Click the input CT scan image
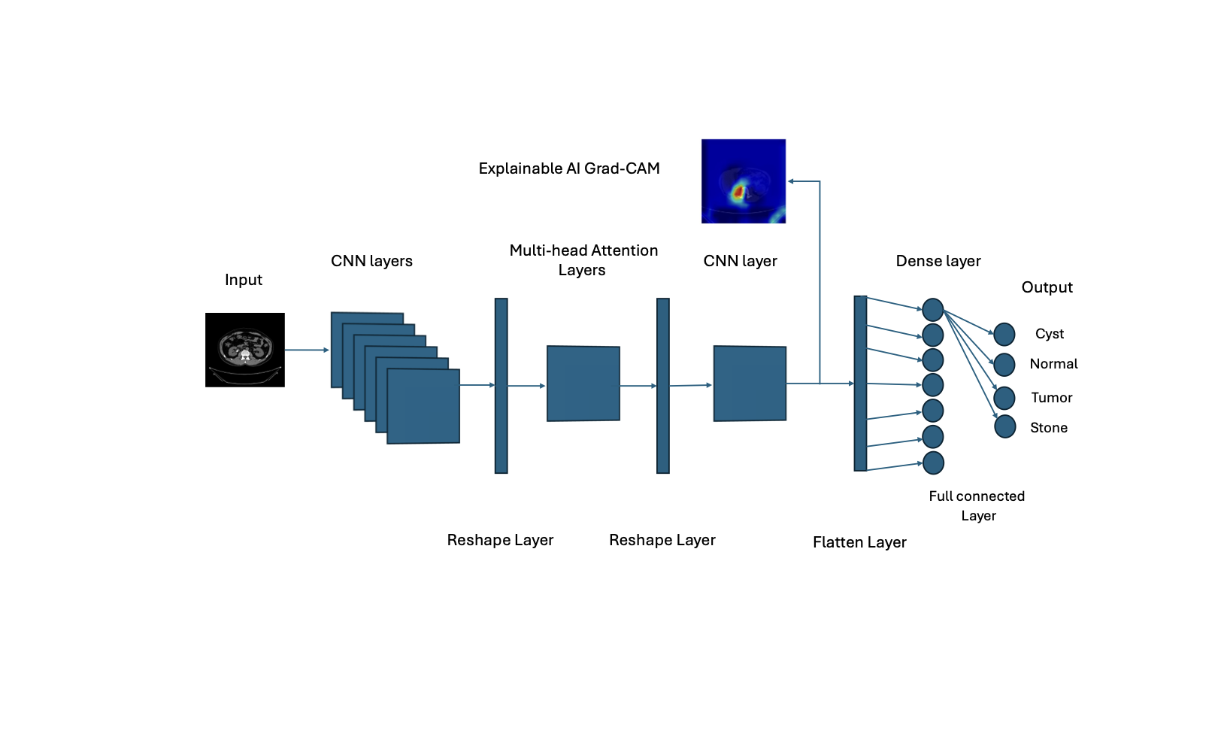[245, 350]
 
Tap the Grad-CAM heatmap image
[744, 181]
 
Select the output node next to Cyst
[1004, 334]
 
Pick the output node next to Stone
[1005, 426]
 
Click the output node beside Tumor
[1004, 398]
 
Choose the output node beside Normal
[1004, 365]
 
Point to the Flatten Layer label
[859, 542]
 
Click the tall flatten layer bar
[860, 384]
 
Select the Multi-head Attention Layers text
[583, 260]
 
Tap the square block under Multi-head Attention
[583, 384]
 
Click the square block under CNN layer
[750, 384]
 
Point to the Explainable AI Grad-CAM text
[569, 168]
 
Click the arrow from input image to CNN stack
[307, 350]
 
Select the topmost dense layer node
[932, 309]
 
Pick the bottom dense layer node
[933, 463]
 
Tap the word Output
[1047, 287]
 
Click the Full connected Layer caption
[977, 505]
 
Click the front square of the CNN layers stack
[423, 406]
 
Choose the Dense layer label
[938, 261]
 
